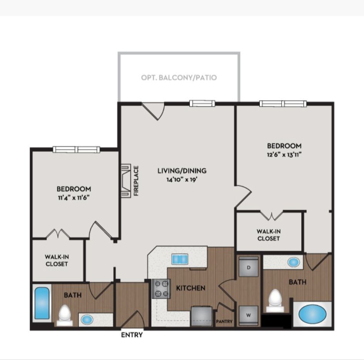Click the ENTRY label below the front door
coord(132,335)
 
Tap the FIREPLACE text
coord(136,181)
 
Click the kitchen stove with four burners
coord(161,288)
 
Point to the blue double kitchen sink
coord(180,259)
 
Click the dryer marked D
coord(249,267)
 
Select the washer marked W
coord(249,315)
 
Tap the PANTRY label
coord(224,322)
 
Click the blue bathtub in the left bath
coord(42,303)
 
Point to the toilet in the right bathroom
coord(275,300)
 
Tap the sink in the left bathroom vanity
coord(87,320)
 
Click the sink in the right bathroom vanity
coord(294,262)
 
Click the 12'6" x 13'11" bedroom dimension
coord(284,155)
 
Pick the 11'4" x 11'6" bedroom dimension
coord(74,198)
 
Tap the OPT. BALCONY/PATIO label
coord(179,78)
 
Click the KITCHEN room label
coord(191,288)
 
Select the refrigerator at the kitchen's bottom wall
coord(202,316)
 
